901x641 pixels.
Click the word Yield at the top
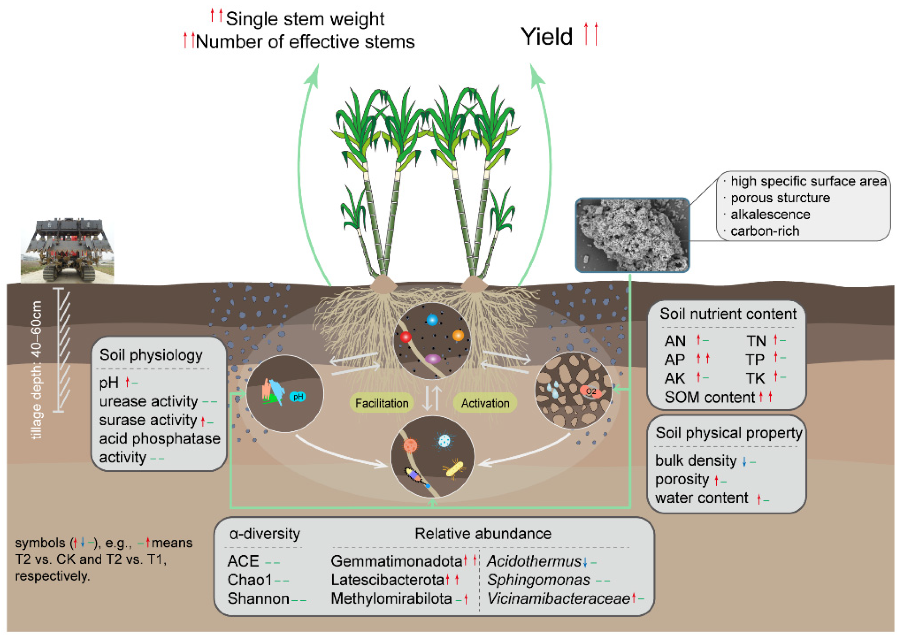[x=546, y=36]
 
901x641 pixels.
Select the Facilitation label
[x=381, y=403]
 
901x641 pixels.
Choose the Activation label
[x=485, y=403]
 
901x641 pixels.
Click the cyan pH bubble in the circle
[x=298, y=396]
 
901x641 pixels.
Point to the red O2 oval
[x=591, y=392]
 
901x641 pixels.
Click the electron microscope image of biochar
[x=632, y=235]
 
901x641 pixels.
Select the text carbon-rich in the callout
[x=764, y=231]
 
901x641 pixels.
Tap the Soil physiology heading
[x=151, y=355]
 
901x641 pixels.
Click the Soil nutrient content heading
[x=728, y=314]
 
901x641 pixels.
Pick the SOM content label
[x=709, y=397]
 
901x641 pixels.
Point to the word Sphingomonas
[x=538, y=580]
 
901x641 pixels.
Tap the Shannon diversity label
[x=258, y=598]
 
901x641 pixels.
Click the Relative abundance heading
[x=483, y=534]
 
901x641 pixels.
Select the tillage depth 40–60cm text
[x=37, y=370]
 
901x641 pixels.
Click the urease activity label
[x=148, y=401]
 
